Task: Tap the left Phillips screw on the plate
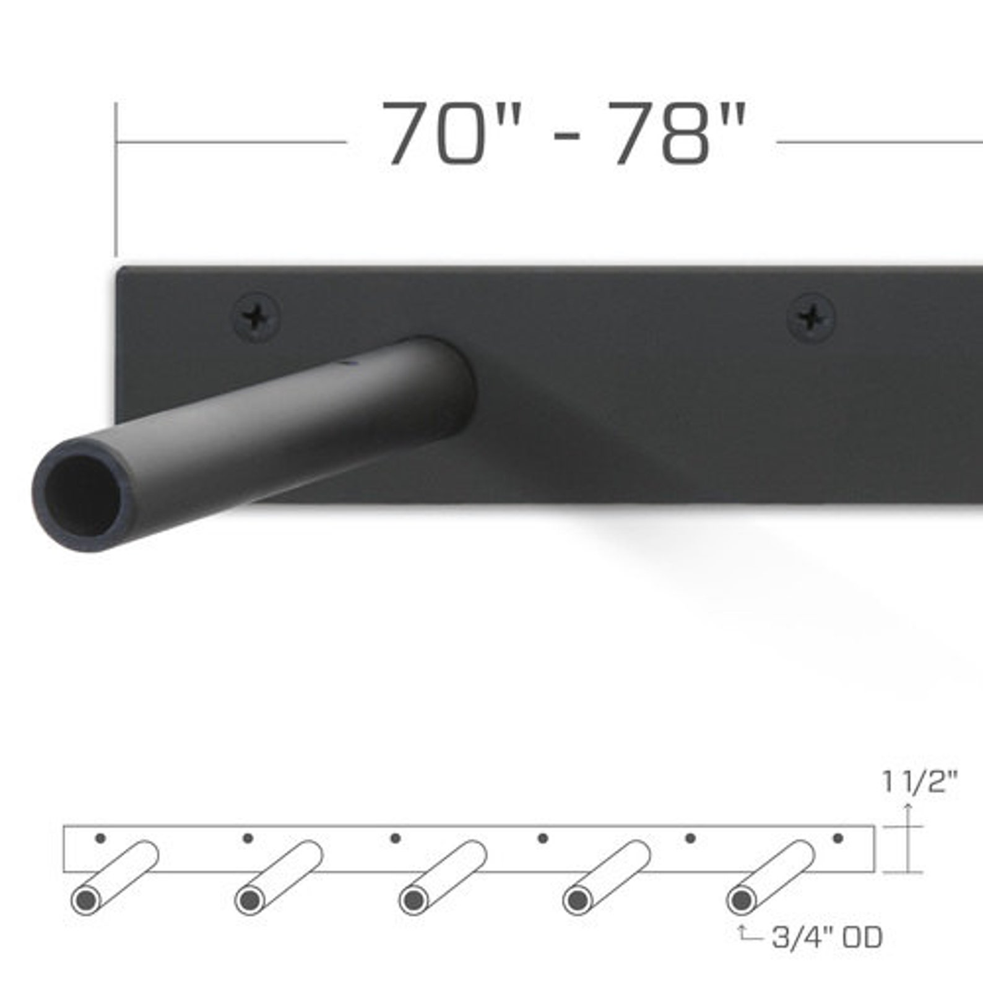pyautogui.click(x=254, y=318)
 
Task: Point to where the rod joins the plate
pyautogui.click(x=458, y=378)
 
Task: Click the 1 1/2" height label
pyautogui.click(x=920, y=783)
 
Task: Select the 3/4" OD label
pyautogui.click(x=827, y=938)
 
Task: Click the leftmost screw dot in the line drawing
pyautogui.click(x=100, y=839)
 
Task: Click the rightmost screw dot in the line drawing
pyautogui.click(x=838, y=839)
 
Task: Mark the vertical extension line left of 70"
pyautogui.click(x=116, y=180)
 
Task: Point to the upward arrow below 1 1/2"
pyautogui.click(x=907, y=817)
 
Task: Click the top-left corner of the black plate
pyautogui.click(x=120, y=269)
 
